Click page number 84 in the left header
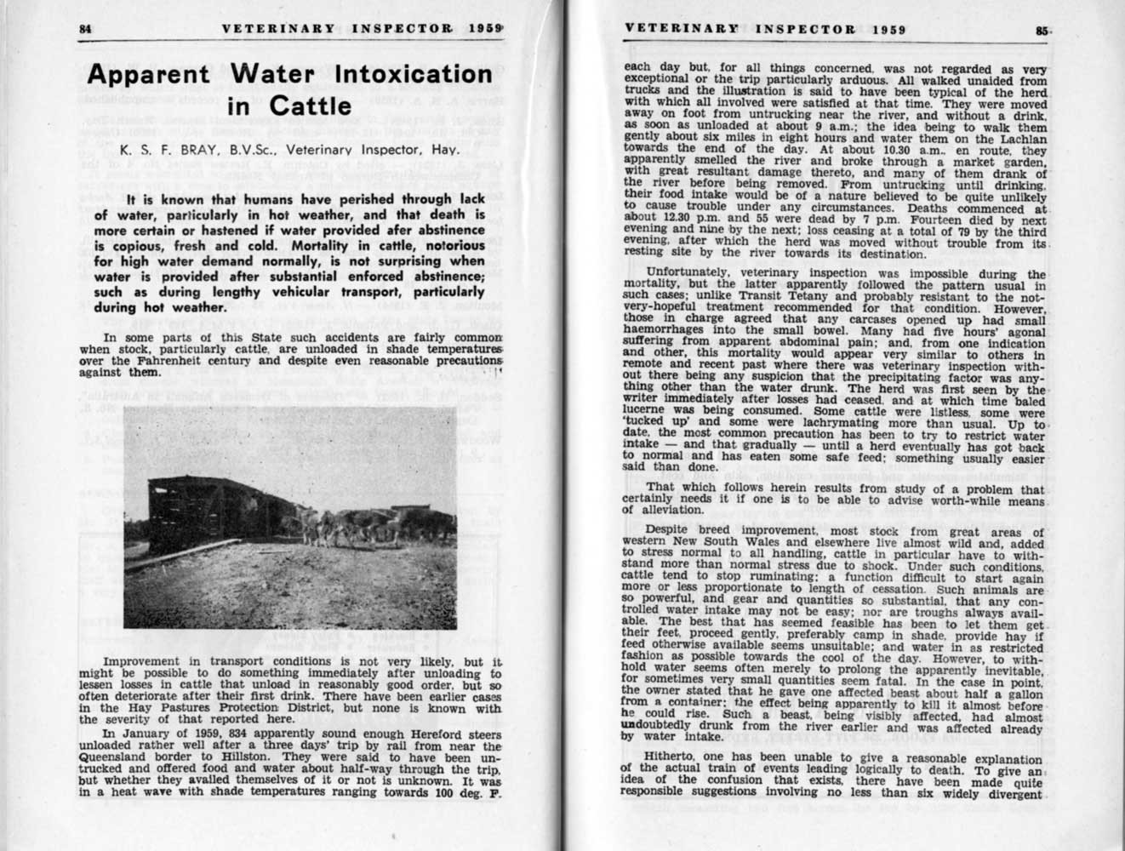coord(85,28)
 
